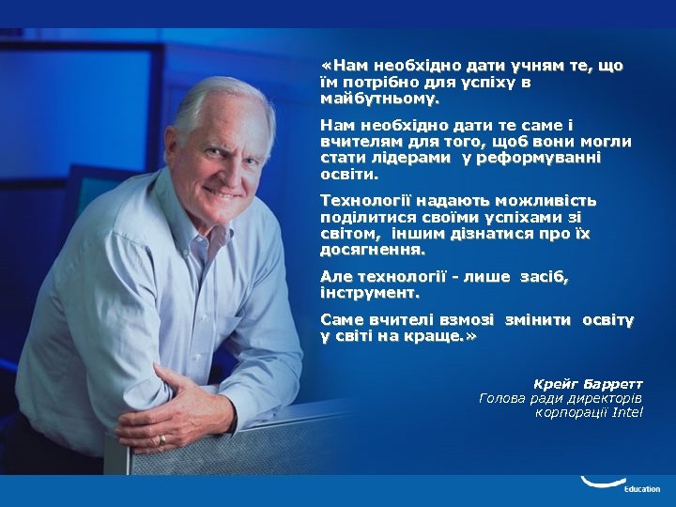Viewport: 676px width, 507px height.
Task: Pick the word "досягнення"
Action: point(372,250)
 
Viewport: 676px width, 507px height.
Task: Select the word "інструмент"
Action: point(369,293)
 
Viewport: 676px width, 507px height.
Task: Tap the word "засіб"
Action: point(545,277)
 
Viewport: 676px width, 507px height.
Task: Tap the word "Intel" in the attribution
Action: point(627,412)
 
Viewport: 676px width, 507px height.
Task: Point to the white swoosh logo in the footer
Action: point(601,483)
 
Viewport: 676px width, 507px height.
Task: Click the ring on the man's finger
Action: point(161,438)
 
